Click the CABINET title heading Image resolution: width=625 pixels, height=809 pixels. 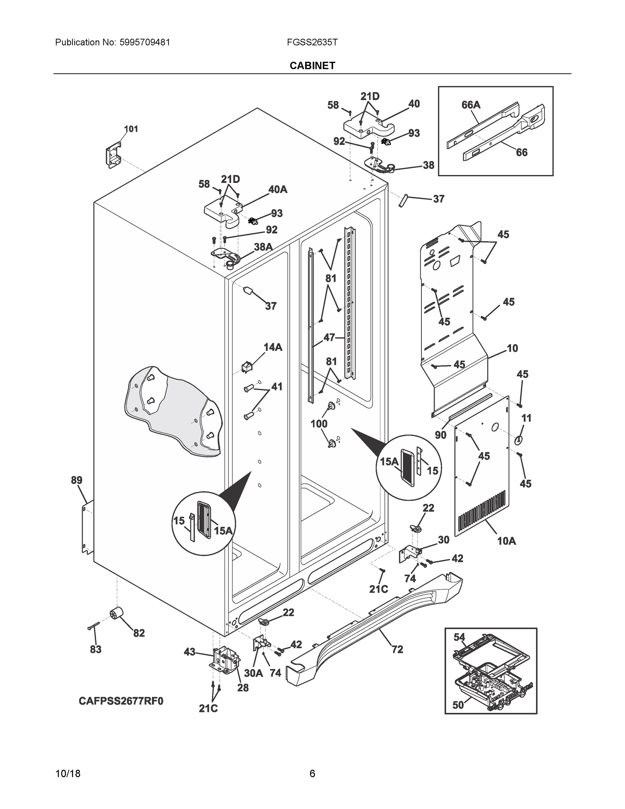[312, 66]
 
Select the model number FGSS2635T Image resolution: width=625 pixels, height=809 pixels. [312, 42]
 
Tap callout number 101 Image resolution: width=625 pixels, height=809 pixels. [131, 129]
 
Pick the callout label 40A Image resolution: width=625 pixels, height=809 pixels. [278, 189]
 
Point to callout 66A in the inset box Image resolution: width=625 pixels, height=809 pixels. [471, 105]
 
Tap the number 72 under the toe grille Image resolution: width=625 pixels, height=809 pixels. [397, 649]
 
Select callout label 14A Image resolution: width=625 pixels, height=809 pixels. [273, 347]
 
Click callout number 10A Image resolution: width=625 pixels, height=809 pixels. [506, 541]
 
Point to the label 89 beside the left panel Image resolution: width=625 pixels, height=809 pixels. [76, 480]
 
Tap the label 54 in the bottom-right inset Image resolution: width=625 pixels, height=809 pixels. [459, 637]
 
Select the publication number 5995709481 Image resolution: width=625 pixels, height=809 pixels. [145, 42]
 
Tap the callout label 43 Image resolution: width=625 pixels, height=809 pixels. [190, 652]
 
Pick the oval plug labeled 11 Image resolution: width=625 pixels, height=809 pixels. [519, 440]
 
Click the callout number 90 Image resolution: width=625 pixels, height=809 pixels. [440, 435]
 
